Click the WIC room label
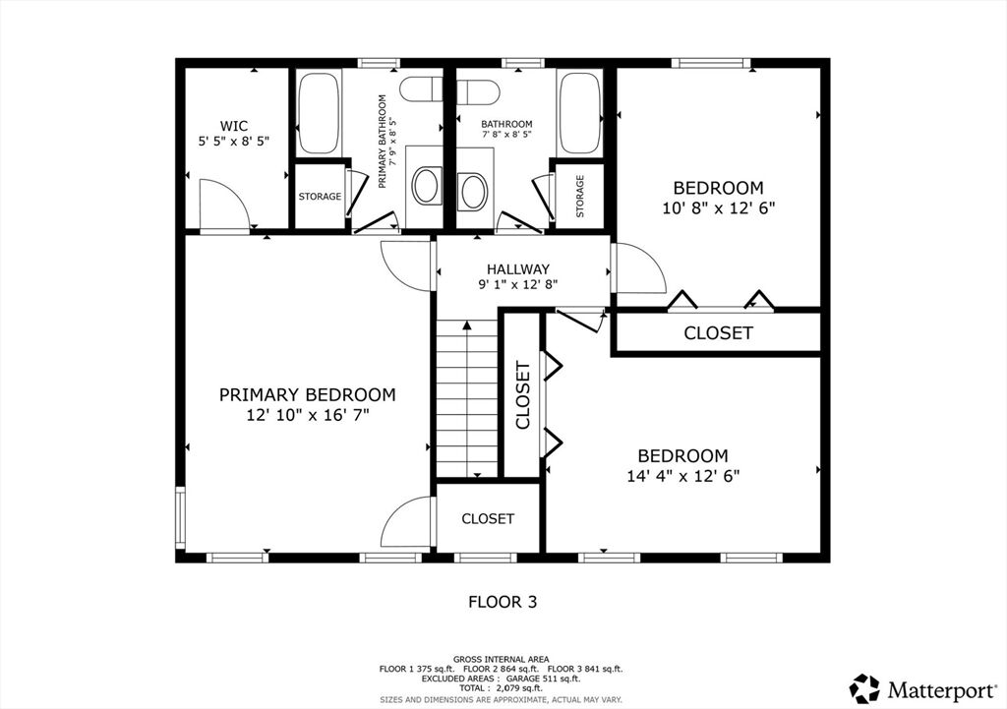(x=234, y=126)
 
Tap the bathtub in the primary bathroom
(x=319, y=114)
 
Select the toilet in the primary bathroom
(x=421, y=89)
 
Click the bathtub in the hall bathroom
(x=580, y=114)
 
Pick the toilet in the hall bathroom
(x=478, y=91)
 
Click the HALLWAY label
(x=517, y=269)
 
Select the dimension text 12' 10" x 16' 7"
(x=308, y=416)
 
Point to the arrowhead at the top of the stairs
(x=467, y=325)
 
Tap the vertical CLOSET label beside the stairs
(x=523, y=395)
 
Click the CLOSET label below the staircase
(x=488, y=519)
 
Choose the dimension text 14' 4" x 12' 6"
(x=683, y=477)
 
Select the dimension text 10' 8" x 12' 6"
(x=719, y=208)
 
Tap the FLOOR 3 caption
(x=503, y=603)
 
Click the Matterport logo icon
(x=864, y=689)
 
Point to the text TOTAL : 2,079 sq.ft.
(x=501, y=688)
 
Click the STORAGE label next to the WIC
(x=320, y=197)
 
